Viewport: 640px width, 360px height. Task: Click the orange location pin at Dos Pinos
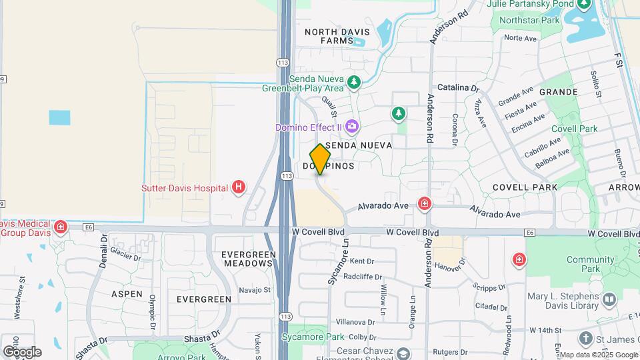(x=320, y=159)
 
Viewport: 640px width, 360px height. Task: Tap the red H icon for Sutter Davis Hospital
(x=238, y=188)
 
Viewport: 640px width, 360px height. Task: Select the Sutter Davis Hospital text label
(x=185, y=189)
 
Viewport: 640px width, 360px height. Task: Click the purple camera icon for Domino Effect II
(x=353, y=127)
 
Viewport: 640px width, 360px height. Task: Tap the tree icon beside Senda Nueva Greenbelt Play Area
(x=354, y=83)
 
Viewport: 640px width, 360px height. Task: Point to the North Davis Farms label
(x=328, y=36)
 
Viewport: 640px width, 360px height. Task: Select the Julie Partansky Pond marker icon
(x=584, y=5)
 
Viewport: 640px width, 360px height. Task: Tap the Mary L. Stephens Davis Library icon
(x=608, y=301)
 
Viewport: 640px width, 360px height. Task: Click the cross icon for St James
(x=586, y=339)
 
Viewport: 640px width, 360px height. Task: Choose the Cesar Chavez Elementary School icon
(x=403, y=353)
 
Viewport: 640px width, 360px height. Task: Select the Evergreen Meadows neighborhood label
(x=247, y=259)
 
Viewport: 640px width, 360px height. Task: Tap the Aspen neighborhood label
(x=127, y=293)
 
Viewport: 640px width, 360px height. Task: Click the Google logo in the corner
(x=21, y=351)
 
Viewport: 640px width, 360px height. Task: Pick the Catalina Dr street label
(x=458, y=87)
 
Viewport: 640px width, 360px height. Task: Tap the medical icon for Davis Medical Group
(x=61, y=227)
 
